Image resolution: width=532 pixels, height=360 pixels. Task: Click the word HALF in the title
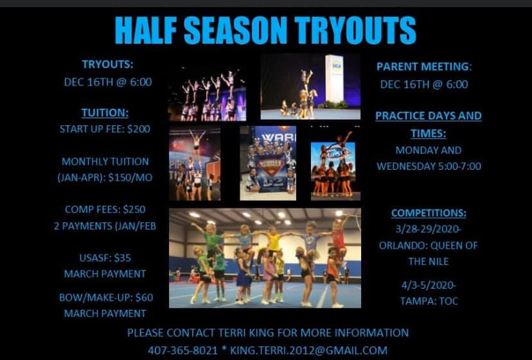pyautogui.click(x=146, y=30)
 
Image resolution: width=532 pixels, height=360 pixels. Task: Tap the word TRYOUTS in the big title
pyautogui.click(x=355, y=30)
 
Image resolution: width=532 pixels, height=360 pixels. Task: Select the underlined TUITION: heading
pyautogui.click(x=105, y=113)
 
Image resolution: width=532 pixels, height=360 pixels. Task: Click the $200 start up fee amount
pyautogui.click(x=138, y=129)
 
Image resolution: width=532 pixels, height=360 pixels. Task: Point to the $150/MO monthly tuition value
pyautogui.click(x=130, y=177)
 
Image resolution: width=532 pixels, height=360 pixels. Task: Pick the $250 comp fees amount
pyautogui.click(x=134, y=209)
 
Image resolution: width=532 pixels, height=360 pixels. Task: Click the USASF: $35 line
pyautogui.click(x=105, y=258)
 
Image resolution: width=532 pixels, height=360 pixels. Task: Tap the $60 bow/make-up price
pyautogui.click(x=144, y=298)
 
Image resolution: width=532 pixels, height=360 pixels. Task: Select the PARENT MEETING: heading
pyautogui.click(x=424, y=67)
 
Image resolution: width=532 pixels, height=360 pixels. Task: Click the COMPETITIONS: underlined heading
pyautogui.click(x=429, y=213)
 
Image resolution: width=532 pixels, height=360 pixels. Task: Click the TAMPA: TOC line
pyautogui.click(x=429, y=301)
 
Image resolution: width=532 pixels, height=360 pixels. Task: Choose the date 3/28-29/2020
pyautogui.click(x=428, y=230)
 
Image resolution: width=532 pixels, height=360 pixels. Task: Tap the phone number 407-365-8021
pyautogui.click(x=183, y=350)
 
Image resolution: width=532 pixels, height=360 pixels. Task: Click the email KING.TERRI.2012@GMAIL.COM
pyautogui.click(x=309, y=350)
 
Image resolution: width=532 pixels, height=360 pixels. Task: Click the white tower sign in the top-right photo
pyautogui.click(x=334, y=78)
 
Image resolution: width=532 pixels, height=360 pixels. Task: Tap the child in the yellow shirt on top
pyautogui.click(x=272, y=239)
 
